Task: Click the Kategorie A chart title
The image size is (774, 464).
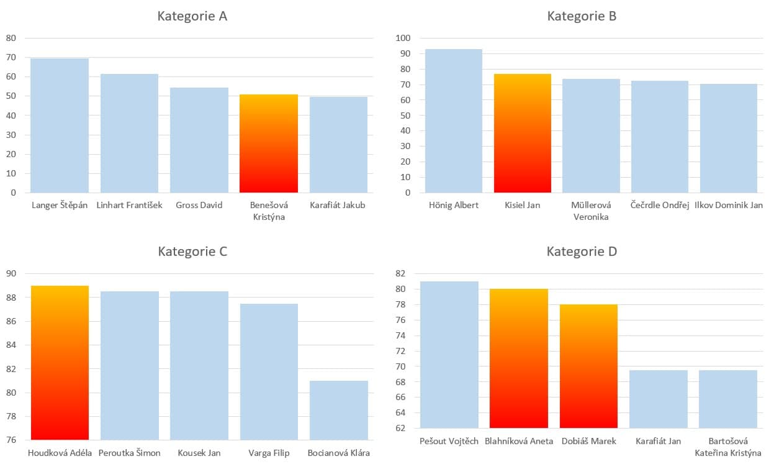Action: (x=192, y=16)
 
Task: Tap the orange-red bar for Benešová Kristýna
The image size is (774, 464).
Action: (x=269, y=143)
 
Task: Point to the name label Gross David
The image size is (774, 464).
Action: (x=199, y=205)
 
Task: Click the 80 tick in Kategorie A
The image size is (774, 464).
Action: (x=11, y=38)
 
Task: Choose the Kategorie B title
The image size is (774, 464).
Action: (x=582, y=16)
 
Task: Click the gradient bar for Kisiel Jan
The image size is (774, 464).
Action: (x=523, y=134)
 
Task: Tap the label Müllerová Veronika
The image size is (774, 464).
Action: (x=591, y=211)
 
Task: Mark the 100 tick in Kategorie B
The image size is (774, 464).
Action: (x=403, y=38)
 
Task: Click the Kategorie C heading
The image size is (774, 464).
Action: (x=192, y=252)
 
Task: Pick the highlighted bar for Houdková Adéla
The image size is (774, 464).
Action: (x=60, y=363)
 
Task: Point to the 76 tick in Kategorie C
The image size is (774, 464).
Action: (x=11, y=440)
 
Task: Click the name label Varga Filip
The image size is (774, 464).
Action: (x=269, y=453)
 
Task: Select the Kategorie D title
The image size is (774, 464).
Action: (x=582, y=252)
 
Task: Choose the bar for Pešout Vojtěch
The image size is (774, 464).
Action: (x=449, y=355)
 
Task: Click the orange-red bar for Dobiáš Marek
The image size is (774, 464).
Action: (x=588, y=366)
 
